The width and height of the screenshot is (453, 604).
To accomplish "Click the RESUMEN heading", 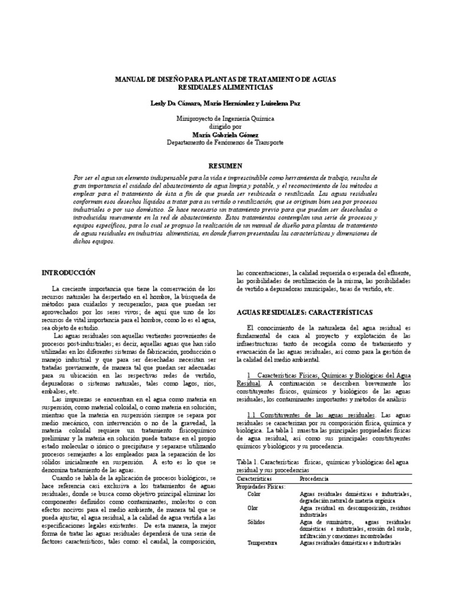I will pos(226,167).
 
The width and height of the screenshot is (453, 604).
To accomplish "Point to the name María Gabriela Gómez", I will pos(226,134).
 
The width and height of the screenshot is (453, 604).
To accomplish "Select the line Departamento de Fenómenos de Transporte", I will pos(226,142).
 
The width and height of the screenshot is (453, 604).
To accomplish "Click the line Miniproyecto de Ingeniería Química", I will pos(226,118).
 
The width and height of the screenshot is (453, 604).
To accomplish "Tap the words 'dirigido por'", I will pos(226,126).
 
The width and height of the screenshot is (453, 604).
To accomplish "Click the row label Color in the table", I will pos(254,494).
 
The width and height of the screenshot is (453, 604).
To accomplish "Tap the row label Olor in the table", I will pos(254,507).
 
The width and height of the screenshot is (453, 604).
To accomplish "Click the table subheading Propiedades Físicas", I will pos(261,487).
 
